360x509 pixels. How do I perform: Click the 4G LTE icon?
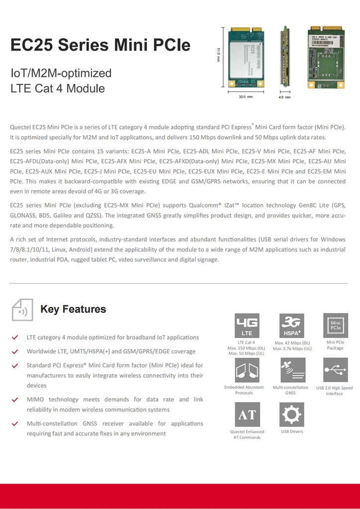[x=247, y=325]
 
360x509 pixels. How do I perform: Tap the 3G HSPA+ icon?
[x=292, y=325]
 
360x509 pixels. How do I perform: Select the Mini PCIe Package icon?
[x=336, y=325]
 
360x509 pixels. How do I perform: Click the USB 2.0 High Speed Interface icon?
[x=336, y=370]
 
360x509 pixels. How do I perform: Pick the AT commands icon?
[x=247, y=415]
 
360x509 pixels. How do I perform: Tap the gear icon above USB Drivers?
[x=292, y=415]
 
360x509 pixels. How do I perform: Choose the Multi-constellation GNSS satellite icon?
[x=292, y=370]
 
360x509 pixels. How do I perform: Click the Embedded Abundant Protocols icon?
[x=247, y=370]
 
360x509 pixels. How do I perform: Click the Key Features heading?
[x=73, y=309]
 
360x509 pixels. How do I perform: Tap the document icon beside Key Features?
[x=22, y=310]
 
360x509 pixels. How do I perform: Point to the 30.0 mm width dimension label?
[x=246, y=97]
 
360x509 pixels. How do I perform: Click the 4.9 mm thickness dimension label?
[x=284, y=97]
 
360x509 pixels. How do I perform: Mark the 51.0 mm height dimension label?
[x=218, y=54]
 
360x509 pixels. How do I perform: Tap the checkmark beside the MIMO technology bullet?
[x=15, y=400]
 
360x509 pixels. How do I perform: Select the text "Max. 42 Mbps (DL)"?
[x=292, y=342]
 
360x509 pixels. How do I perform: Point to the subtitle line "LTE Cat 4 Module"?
[x=58, y=88]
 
